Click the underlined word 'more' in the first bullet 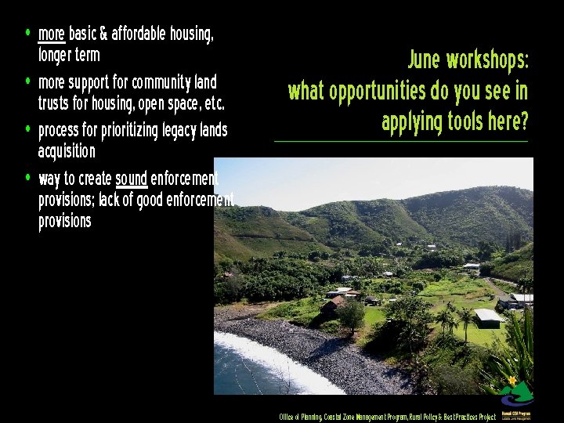51,34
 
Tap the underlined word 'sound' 131,178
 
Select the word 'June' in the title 425,60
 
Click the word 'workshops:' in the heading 488,60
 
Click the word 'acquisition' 67,150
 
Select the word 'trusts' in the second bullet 55,103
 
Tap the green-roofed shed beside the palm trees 487,316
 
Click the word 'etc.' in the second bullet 211,103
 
